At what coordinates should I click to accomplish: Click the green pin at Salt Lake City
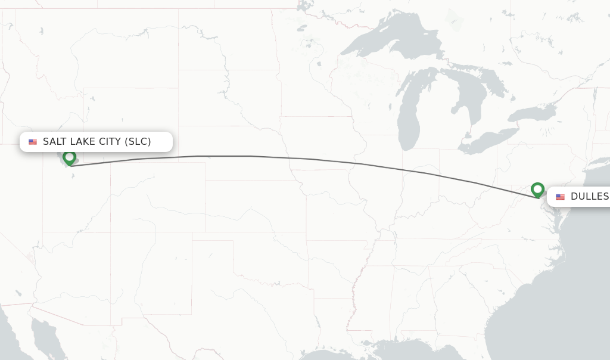point(70,158)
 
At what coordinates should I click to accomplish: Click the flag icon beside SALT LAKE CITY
point(33,142)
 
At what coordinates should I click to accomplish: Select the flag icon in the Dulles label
point(560,197)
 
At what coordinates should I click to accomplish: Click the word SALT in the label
point(54,142)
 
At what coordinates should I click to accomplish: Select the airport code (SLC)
point(138,142)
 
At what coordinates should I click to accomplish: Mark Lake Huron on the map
point(477,89)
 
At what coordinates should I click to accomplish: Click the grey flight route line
point(250,156)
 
